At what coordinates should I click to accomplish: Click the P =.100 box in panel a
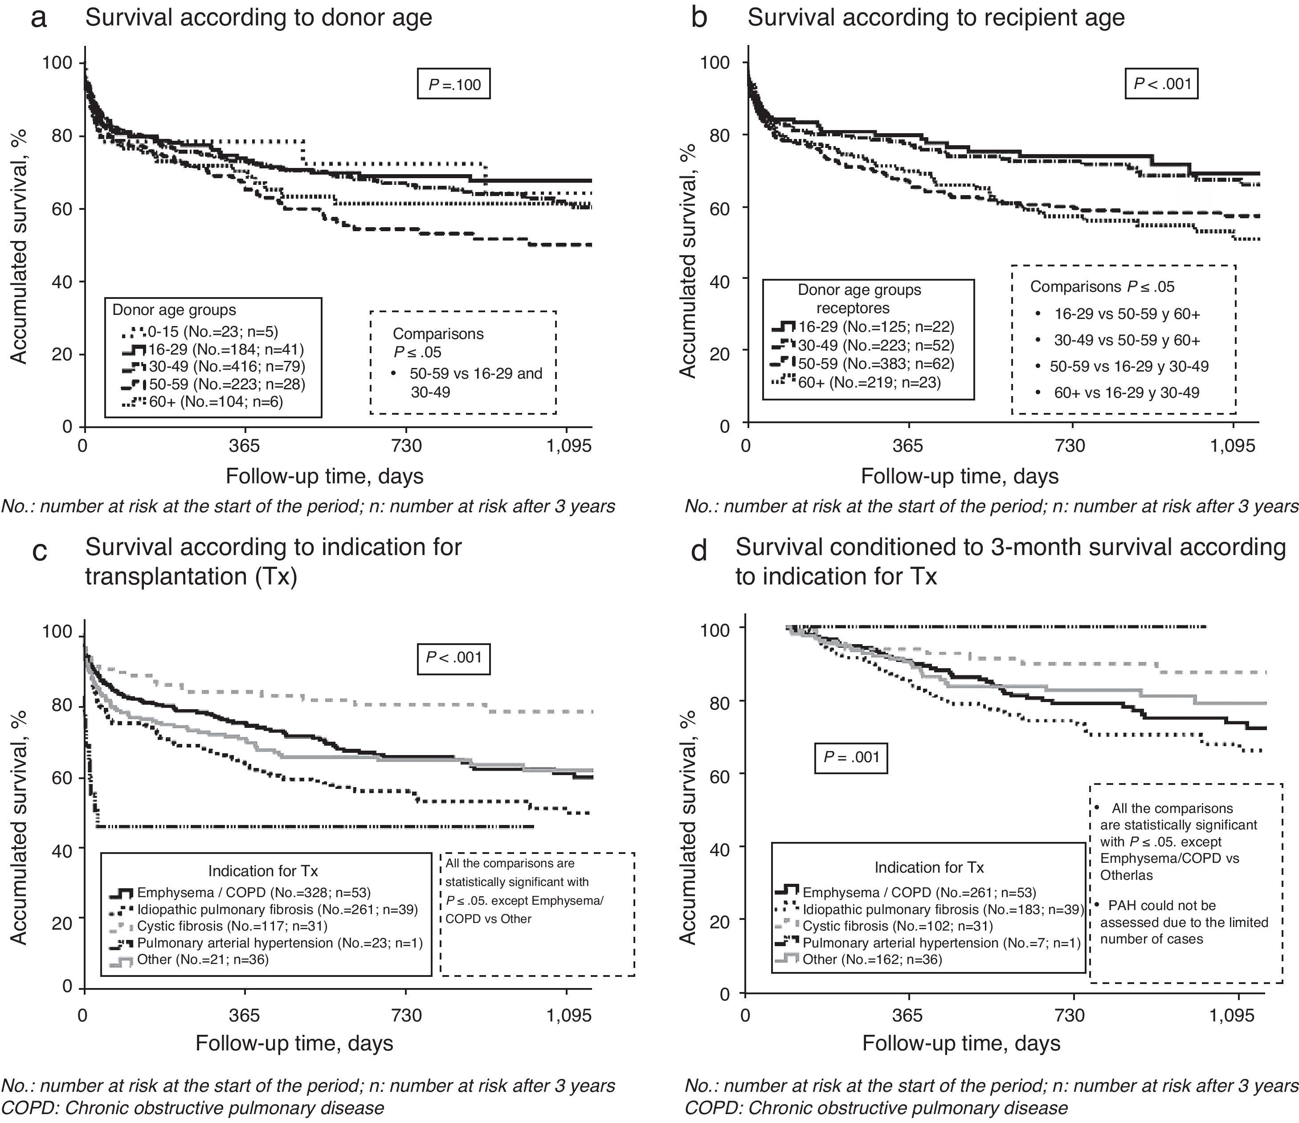click(x=454, y=85)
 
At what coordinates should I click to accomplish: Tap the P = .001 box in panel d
click(x=851, y=757)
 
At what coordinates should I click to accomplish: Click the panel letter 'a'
click(x=39, y=18)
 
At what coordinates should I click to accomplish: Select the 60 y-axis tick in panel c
click(x=62, y=777)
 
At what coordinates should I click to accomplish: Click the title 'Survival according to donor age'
click(x=258, y=17)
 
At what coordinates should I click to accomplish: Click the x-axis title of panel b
click(x=959, y=476)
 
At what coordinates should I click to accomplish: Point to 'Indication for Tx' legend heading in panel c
click(x=263, y=871)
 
